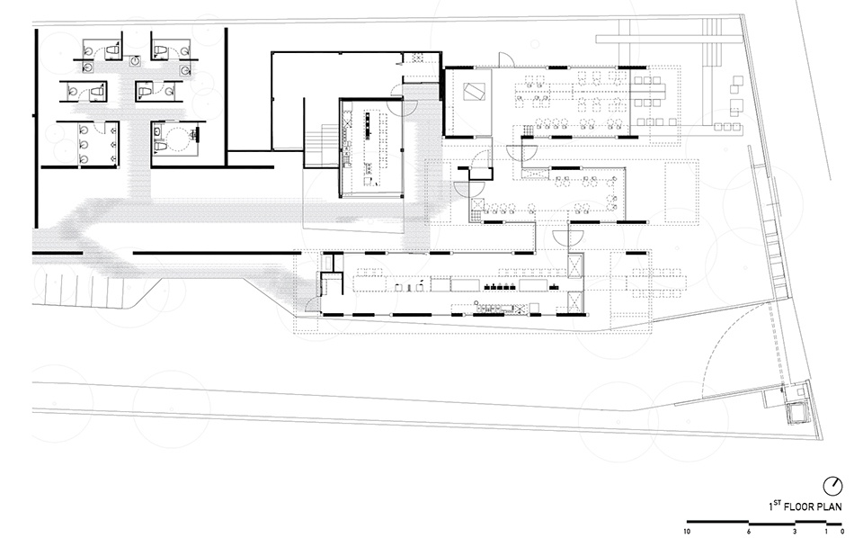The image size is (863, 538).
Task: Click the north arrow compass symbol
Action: click(x=832, y=486)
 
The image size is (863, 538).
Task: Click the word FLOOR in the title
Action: click(x=800, y=507)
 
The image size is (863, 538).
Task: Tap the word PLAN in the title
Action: click(x=831, y=507)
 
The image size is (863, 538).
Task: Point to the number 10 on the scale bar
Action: click(x=686, y=532)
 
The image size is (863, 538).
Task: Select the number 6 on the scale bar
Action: click(x=749, y=532)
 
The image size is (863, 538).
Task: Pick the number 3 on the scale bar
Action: click(x=795, y=532)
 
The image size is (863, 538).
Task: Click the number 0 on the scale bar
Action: click(x=842, y=532)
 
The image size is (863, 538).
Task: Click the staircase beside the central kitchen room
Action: click(x=322, y=145)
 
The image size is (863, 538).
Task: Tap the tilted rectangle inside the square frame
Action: click(x=474, y=92)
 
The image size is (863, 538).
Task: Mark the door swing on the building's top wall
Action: click(x=506, y=59)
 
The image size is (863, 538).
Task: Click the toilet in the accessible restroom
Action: click(x=160, y=146)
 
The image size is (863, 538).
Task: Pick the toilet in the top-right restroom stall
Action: click(x=160, y=51)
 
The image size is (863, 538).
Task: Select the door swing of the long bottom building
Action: click(x=312, y=303)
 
